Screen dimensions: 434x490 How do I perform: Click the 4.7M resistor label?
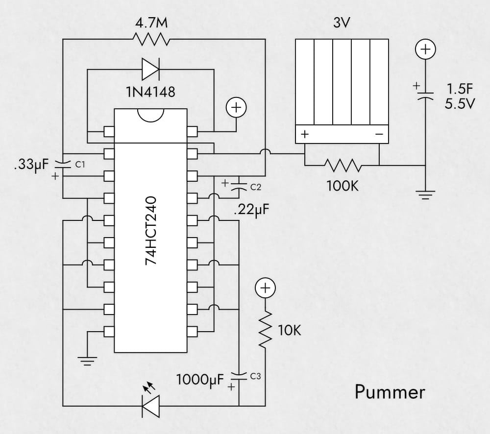tap(154, 24)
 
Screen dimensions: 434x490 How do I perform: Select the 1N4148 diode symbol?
tap(150, 69)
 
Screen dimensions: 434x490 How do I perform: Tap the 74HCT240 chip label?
tap(151, 231)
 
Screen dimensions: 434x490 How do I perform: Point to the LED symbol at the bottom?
tap(150, 405)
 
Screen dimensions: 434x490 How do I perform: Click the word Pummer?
tap(390, 392)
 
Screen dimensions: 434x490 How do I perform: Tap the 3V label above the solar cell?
tap(342, 24)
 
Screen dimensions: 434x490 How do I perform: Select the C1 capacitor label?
tap(80, 165)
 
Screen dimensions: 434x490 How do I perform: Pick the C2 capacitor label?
tap(256, 187)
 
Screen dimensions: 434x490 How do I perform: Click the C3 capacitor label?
tap(256, 376)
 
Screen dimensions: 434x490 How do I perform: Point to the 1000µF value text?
tap(200, 379)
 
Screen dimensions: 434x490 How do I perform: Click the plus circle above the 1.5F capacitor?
tap(425, 49)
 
